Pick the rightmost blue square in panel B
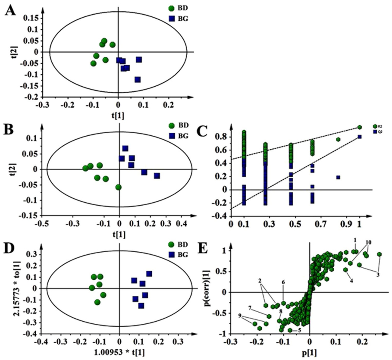click(x=157, y=176)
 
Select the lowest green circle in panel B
click(x=118, y=187)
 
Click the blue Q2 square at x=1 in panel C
click(x=359, y=137)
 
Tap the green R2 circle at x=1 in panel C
click(x=360, y=127)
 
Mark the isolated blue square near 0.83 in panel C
click(x=338, y=177)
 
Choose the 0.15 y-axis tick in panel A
click(x=33, y=18)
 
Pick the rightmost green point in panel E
click(x=379, y=254)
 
